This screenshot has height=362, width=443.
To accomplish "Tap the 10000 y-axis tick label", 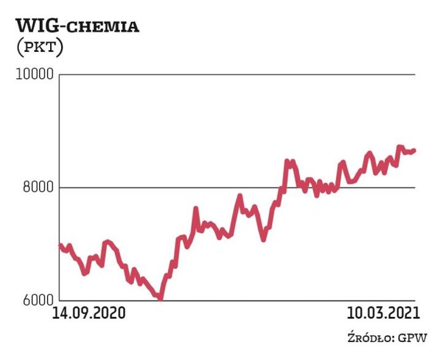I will pyautogui.click(x=34, y=75).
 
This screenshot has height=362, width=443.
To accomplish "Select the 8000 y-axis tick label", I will pyautogui.click(x=37, y=187).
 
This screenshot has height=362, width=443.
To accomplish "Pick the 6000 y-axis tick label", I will pyautogui.click(x=37, y=300).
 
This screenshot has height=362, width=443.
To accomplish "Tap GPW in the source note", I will pyautogui.click(x=413, y=338).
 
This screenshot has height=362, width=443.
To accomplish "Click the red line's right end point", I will pyautogui.click(x=414, y=150).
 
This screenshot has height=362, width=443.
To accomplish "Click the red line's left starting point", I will pyautogui.click(x=59, y=244).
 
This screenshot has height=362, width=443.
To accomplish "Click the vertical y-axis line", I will pyautogui.click(x=59, y=183).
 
